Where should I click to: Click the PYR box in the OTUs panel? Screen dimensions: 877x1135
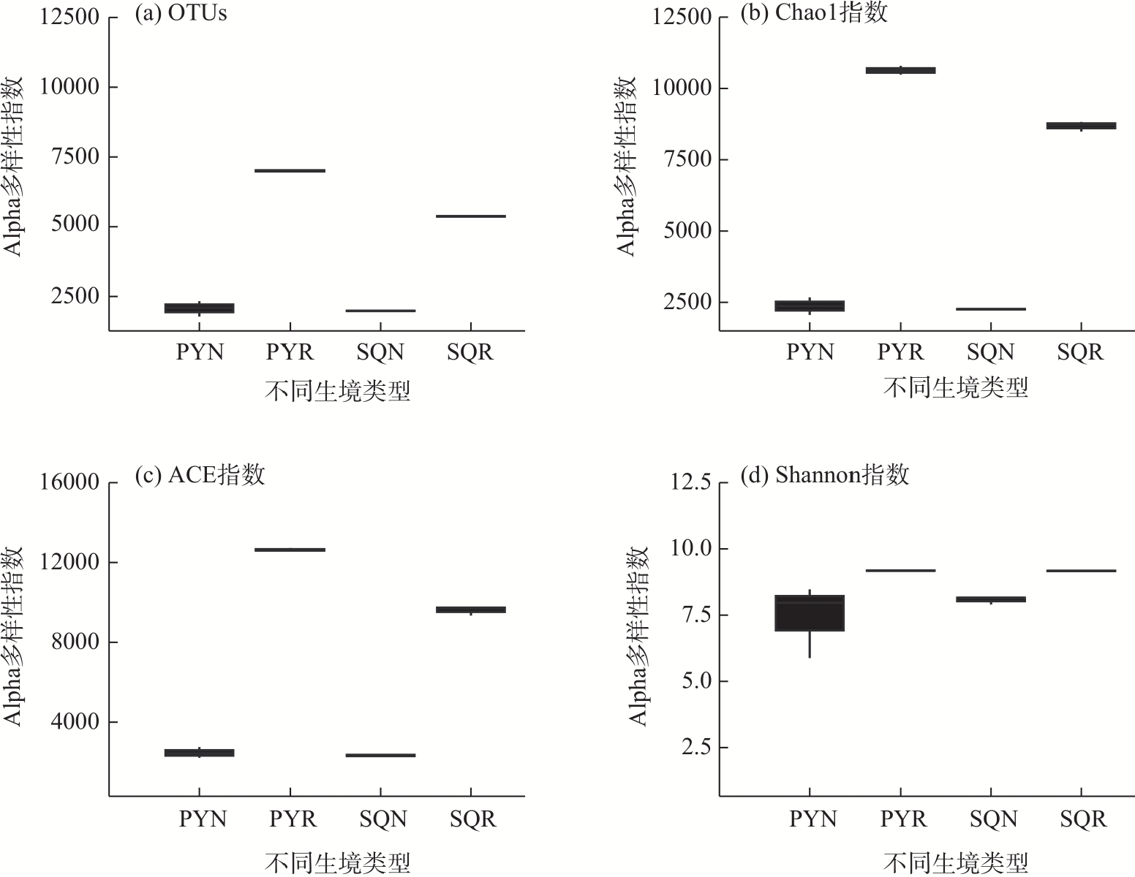290,170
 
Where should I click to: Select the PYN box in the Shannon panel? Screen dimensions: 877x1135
810,613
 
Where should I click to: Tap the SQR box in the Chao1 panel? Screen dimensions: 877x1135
1081,126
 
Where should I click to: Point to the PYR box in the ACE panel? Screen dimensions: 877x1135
290,550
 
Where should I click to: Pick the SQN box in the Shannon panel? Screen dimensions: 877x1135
991,599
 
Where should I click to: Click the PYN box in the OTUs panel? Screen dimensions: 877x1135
199,308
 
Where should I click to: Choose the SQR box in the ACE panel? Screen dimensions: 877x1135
471,610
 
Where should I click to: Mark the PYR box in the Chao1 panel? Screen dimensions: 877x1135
900,70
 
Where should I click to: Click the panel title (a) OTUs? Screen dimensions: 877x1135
181,14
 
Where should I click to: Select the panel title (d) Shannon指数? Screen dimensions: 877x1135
824,475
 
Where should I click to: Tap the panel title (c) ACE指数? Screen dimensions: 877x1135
200,475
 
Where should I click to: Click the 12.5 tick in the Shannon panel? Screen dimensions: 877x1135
690,483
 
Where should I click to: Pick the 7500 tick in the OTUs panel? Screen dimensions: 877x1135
75,156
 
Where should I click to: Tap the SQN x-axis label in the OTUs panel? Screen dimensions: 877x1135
380,352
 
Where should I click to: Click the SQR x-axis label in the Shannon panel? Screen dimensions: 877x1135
1083,819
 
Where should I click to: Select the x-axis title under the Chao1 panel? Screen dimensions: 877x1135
955,387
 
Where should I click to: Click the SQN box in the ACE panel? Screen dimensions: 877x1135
380,755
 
